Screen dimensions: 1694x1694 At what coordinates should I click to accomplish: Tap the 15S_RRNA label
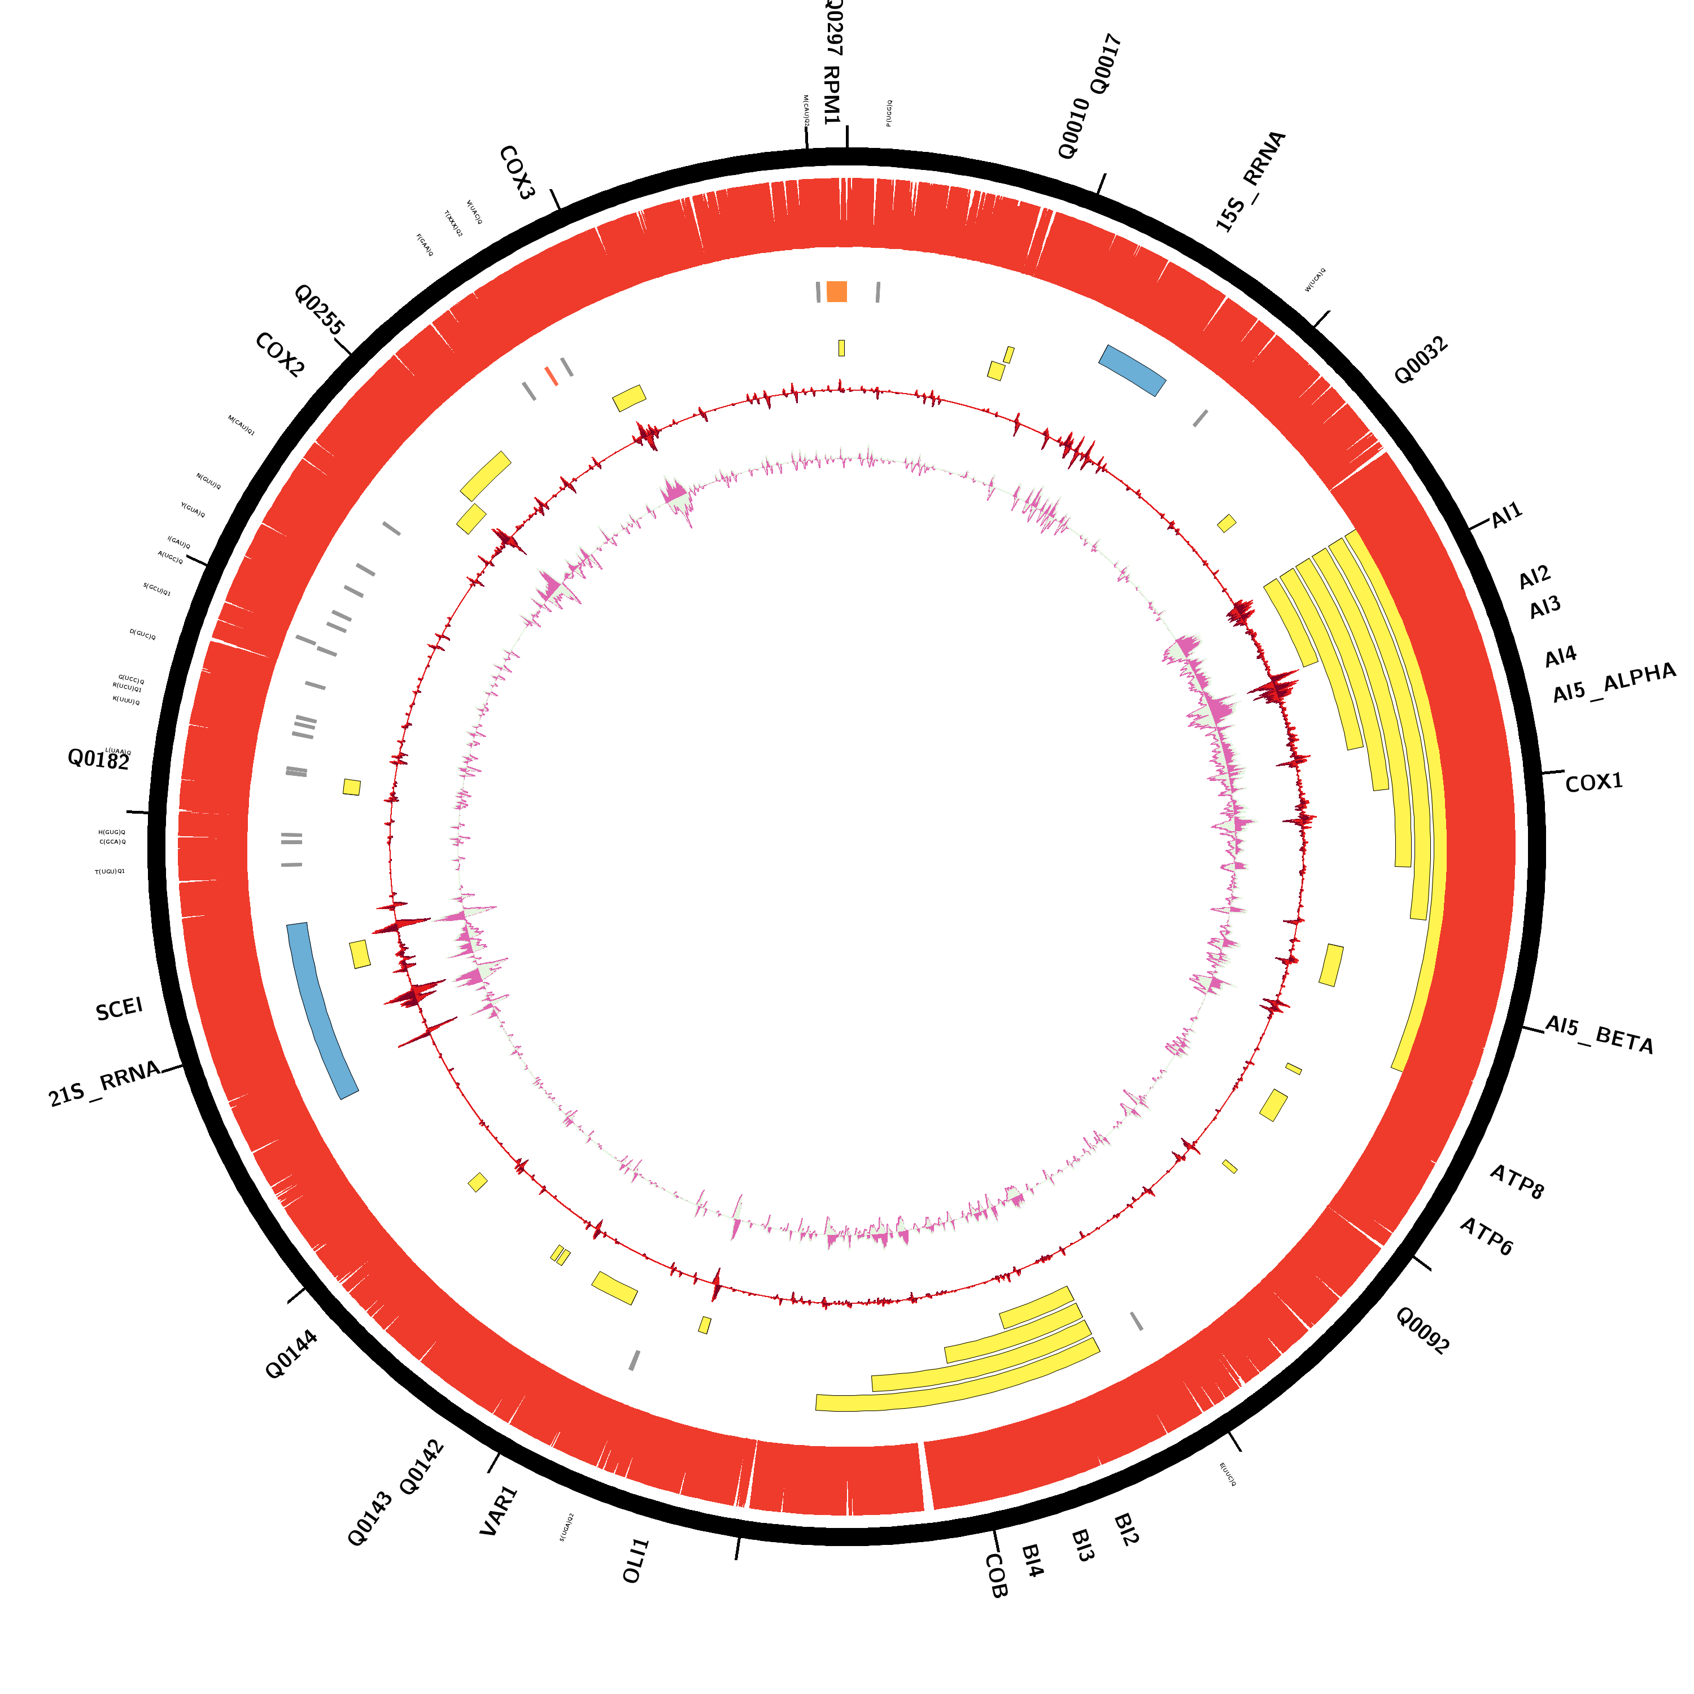click(1250, 181)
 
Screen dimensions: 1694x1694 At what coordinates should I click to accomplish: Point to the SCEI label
click(119, 1009)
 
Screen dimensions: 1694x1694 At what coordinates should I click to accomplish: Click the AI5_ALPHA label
click(1613, 683)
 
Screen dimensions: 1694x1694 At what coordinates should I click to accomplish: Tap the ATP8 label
click(1517, 1182)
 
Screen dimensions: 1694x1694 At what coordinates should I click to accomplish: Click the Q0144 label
click(291, 1355)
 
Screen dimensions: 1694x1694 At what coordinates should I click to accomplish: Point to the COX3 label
click(517, 173)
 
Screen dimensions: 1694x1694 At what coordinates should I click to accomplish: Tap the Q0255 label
click(319, 309)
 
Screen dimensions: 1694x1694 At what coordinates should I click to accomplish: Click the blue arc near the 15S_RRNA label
click(1132, 370)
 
